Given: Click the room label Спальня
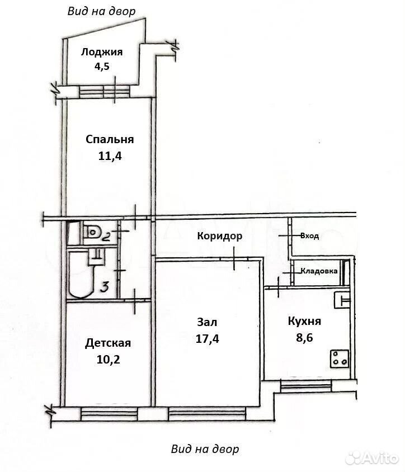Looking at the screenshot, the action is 110,139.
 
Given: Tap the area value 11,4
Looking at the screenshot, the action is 110,156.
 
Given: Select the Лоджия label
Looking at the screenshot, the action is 102,52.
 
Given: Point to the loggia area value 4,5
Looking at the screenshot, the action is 102,66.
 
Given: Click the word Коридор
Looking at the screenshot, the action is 219,236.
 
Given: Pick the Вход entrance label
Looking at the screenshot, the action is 309,236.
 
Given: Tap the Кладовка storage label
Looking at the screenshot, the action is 319,271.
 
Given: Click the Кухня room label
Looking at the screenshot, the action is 304,321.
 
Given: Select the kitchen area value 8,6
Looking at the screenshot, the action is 304,338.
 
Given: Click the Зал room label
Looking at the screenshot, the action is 207,322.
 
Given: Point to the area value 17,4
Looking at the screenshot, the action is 207,339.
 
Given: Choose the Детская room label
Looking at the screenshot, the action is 108,343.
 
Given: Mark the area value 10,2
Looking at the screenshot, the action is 108,359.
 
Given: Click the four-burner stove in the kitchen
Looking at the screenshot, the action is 340,359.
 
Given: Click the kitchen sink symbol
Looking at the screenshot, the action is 342,300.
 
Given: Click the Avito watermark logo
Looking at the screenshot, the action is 372,458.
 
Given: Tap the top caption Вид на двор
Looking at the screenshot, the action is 101,11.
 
